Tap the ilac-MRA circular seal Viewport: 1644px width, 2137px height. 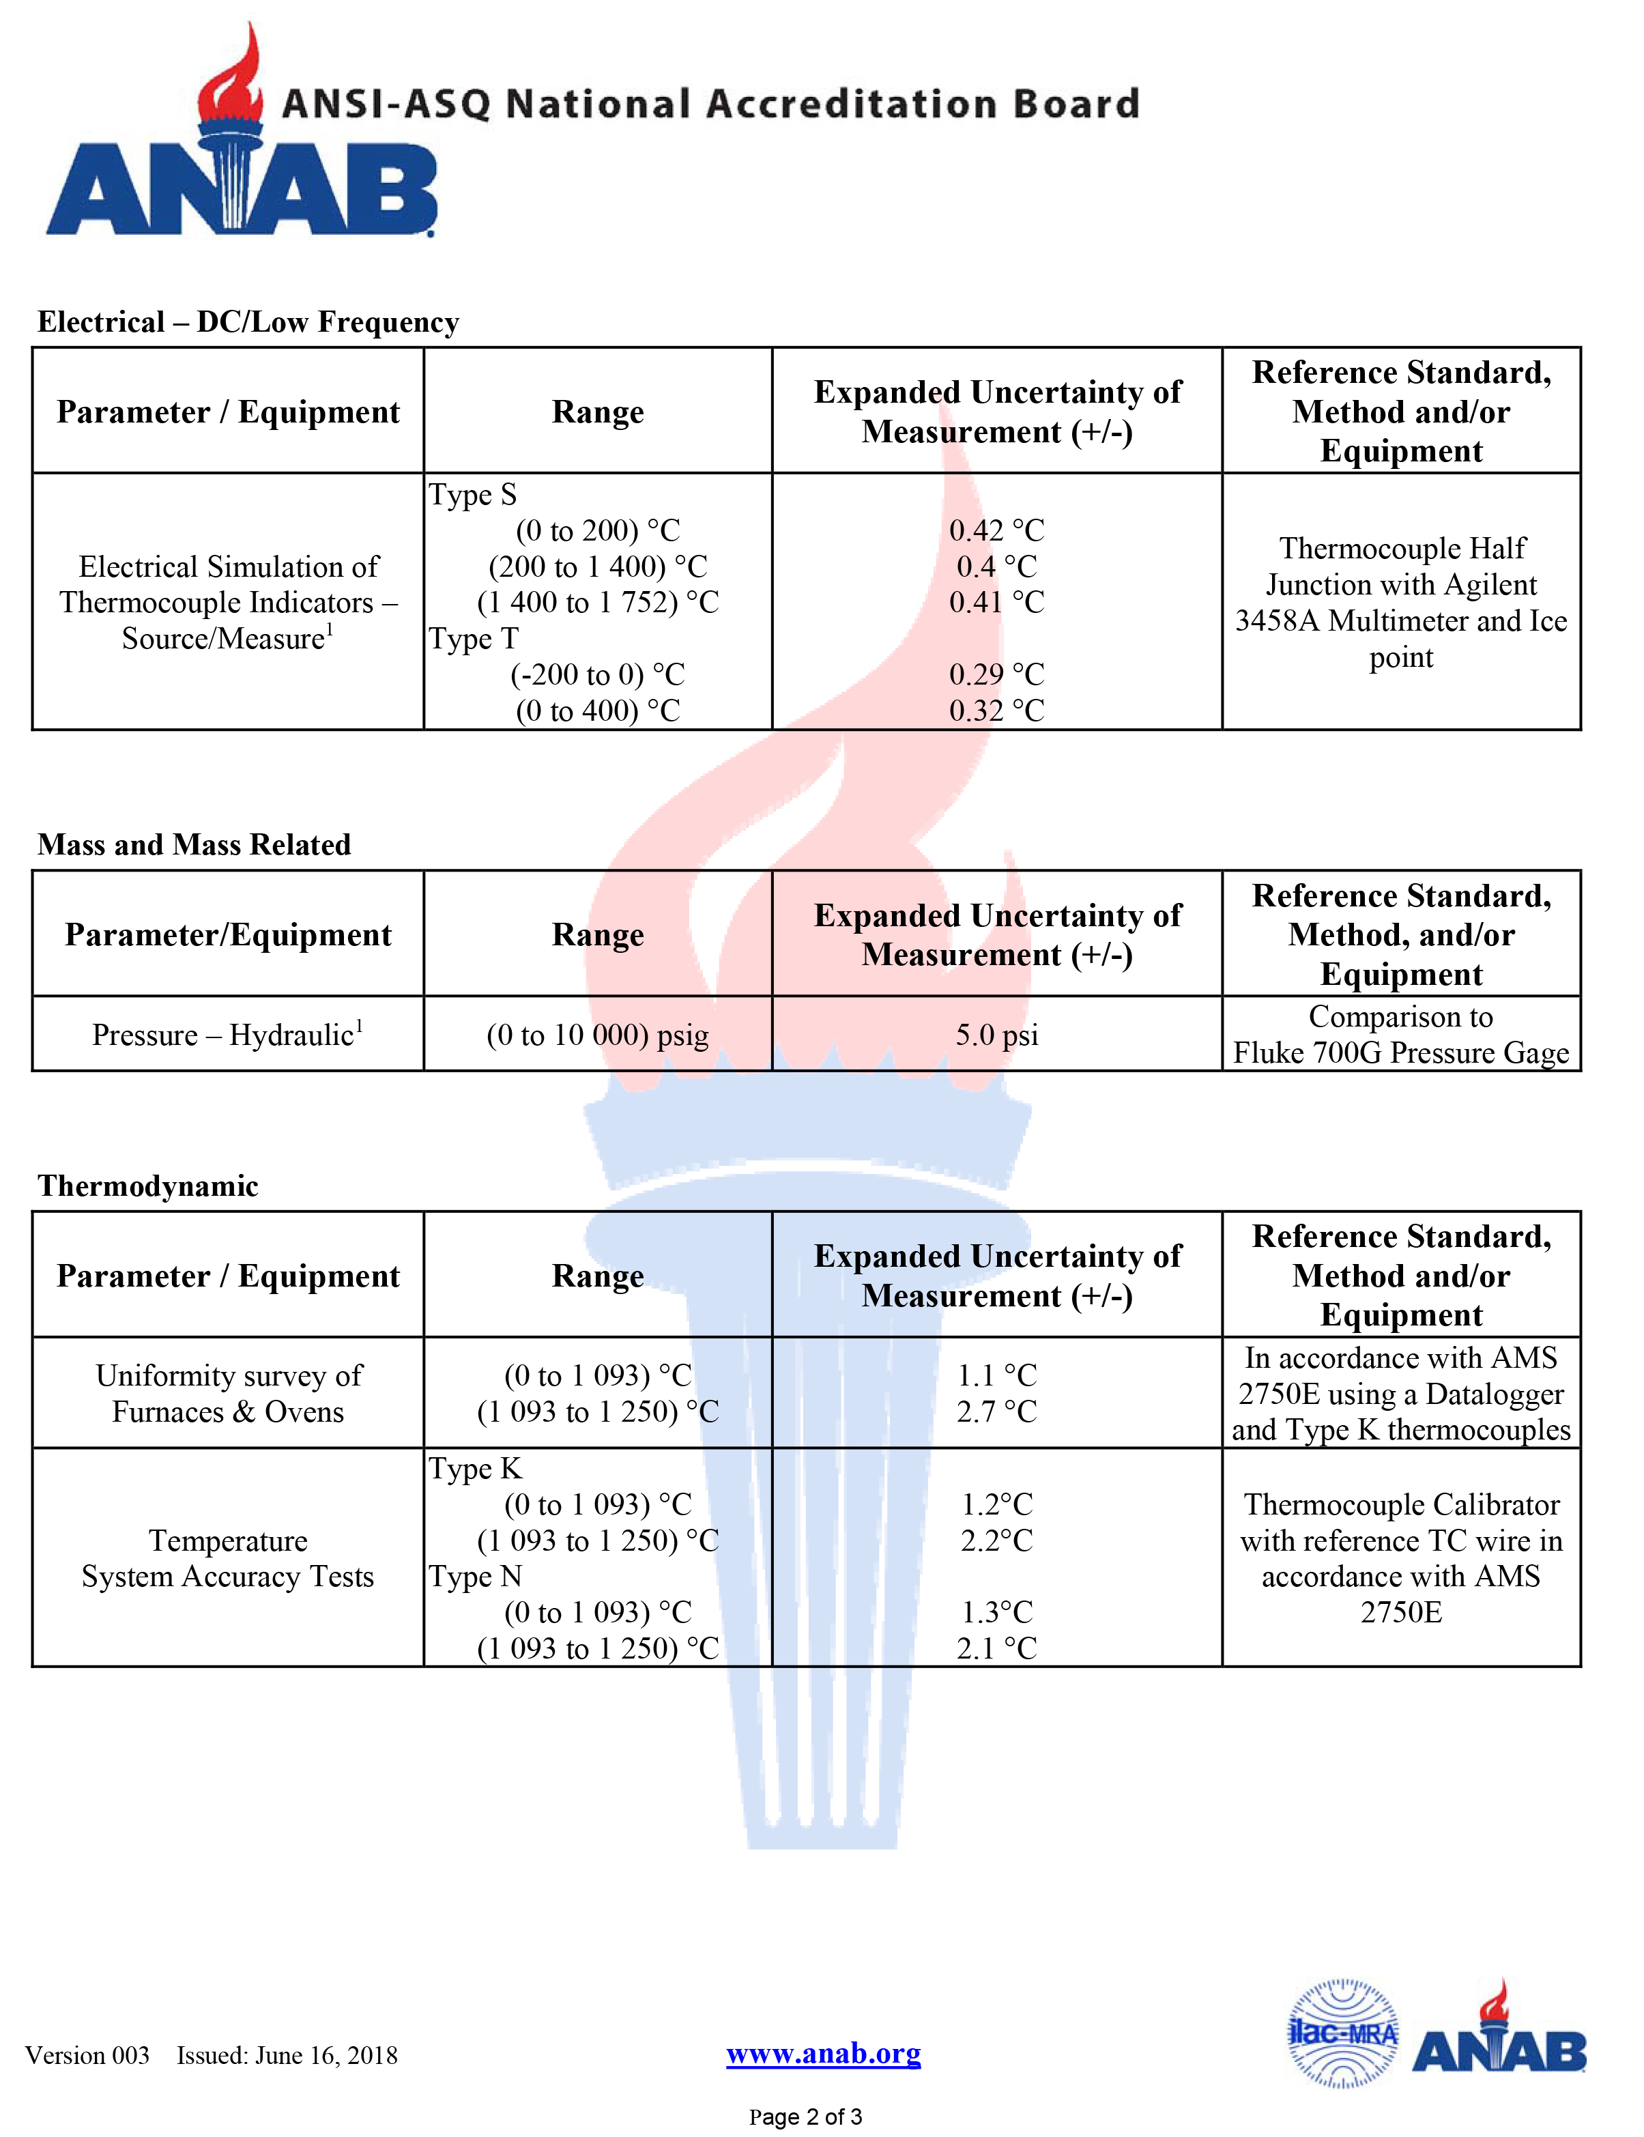1342,2033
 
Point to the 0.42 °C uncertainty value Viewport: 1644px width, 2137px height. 996,530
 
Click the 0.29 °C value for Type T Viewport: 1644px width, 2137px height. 996,674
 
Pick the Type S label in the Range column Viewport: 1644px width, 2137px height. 473,495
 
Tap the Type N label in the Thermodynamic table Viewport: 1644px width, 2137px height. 476,1577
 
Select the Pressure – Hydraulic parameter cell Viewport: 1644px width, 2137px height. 228,1034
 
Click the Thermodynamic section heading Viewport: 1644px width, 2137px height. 148,1186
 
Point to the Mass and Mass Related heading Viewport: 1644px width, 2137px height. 194,844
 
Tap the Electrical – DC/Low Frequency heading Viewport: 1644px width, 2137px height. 248,322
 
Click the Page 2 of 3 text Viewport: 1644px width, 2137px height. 805,2117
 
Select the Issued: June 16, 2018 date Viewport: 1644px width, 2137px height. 287,2055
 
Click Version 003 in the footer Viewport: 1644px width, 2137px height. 87,2055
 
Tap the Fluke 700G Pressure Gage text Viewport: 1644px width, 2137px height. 1400,1053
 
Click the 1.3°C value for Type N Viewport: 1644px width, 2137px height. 996,1611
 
